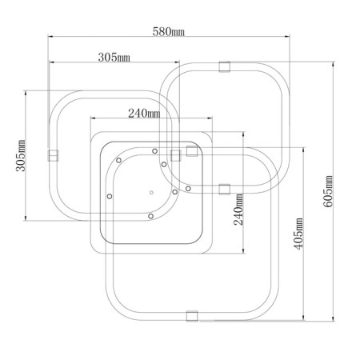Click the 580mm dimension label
tap(168, 32)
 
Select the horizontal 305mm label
tap(114, 58)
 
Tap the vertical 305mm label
tap(21, 155)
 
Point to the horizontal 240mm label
tap(144, 114)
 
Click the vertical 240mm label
tap(238, 210)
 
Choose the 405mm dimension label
tap(298, 234)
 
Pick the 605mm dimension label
tap(328, 191)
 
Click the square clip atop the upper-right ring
tap(225, 66)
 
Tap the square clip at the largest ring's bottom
tap(192, 316)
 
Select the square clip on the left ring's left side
tap(53, 155)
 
